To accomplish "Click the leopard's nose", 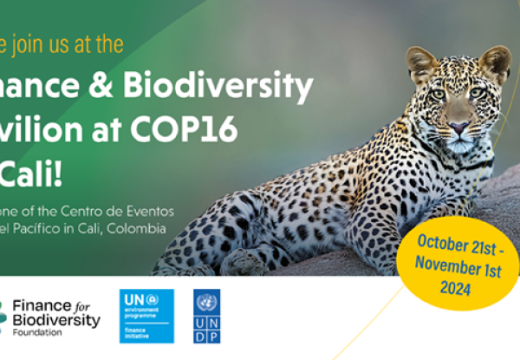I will pyautogui.click(x=458, y=126).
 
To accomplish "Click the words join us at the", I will pyautogui.click(x=68, y=43).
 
